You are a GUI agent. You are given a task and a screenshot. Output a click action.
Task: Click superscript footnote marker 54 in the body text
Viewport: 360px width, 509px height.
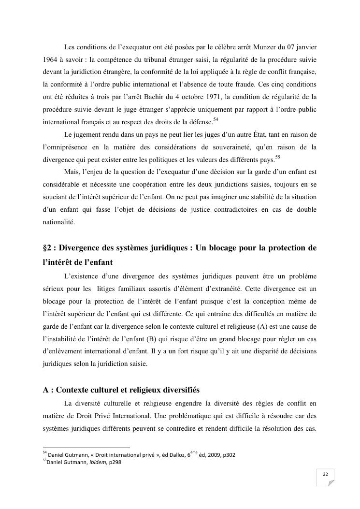tap(216, 118)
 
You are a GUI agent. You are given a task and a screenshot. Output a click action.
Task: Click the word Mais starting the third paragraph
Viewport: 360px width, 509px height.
tap(72, 173)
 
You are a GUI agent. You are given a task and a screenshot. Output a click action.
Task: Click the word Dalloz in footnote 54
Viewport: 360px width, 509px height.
tap(171, 455)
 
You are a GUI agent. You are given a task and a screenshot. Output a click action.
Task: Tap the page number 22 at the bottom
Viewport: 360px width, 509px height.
tap(325, 475)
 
